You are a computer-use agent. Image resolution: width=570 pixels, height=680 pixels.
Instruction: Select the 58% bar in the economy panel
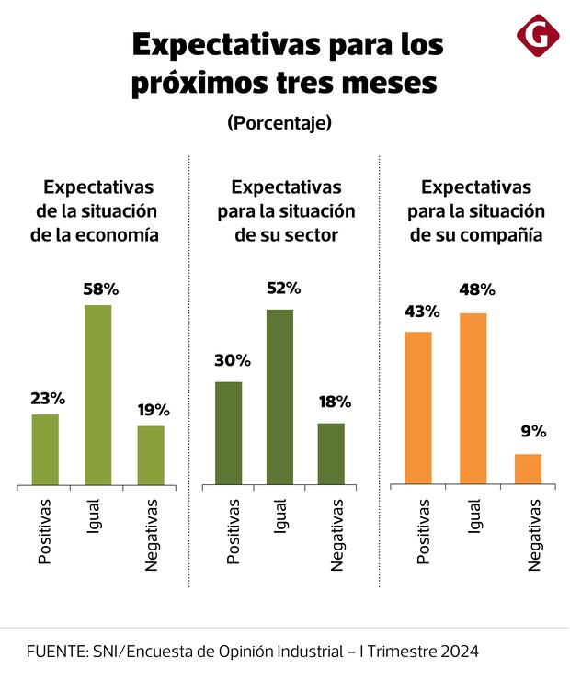[98, 394]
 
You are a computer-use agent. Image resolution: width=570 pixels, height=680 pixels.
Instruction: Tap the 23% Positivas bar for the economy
[45, 449]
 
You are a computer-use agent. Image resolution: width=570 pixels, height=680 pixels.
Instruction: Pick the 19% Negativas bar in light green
[152, 455]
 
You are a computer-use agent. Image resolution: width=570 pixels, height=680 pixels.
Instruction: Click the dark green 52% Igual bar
[280, 397]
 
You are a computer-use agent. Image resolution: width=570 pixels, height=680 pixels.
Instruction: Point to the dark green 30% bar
[228, 433]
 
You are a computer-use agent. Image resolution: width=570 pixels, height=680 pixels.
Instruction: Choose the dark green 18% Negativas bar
[331, 453]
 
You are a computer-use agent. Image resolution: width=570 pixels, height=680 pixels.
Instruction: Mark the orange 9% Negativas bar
[528, 469]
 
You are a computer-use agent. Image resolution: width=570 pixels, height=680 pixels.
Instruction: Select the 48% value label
[477, 289]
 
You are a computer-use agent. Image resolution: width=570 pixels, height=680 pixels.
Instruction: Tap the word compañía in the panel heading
[500, 234]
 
